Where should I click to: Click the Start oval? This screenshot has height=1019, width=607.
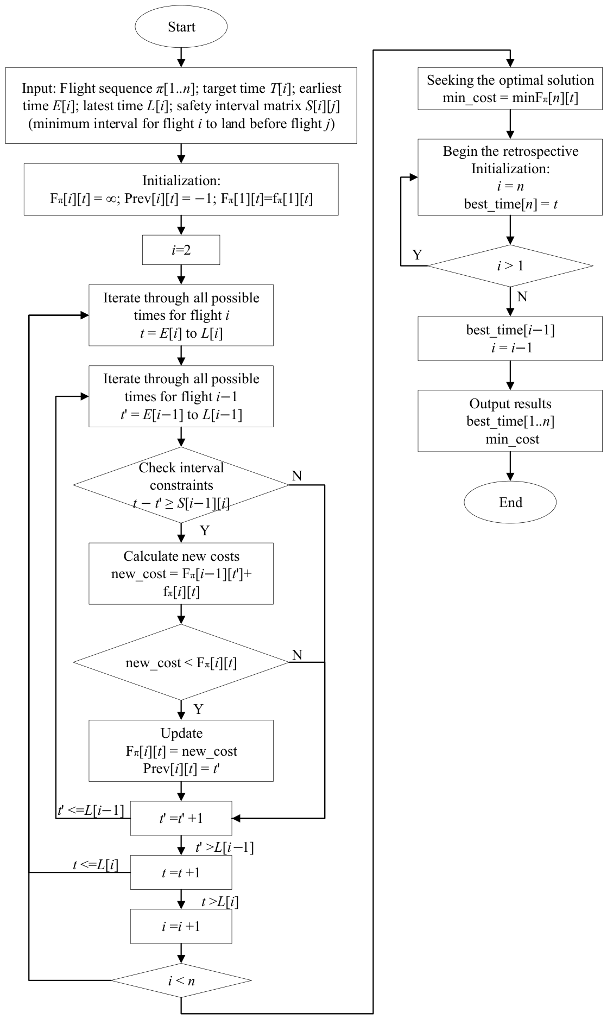tap(181, 27)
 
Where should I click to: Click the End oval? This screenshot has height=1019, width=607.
tap(510, 502)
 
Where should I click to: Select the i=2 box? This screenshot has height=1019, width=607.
tap(181, 250)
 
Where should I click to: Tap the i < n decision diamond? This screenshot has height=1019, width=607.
tap(181, 980)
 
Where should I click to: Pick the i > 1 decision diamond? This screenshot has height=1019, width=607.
tap(510, 266)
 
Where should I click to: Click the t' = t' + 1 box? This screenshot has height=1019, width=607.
tap(181, 818)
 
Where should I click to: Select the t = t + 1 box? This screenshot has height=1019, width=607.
tap(181, 872)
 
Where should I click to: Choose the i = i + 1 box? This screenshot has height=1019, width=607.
tap(181, 926)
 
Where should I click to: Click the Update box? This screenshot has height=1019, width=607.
tap(181, 751)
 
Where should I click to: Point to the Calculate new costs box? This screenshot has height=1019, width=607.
tap(181, 574)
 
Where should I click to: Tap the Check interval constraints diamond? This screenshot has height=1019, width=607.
tap(181, 485)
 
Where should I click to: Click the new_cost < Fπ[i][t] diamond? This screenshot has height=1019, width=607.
tap(181, 662)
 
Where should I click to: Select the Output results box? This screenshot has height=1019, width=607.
tap(510, 421)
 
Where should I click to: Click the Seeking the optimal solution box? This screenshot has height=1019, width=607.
tap(510, 88)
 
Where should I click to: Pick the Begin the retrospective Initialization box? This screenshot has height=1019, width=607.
tap(510, 178)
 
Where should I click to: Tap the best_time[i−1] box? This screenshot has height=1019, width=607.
tap(510, 339)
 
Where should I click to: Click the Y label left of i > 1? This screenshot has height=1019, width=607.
tap(417, 255)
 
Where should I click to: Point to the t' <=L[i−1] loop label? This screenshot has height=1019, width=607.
tap(91, 811)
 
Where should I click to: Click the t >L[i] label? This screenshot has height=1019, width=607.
tap(220, 902)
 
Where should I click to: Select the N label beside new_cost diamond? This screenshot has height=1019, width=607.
tap(297, 655)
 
